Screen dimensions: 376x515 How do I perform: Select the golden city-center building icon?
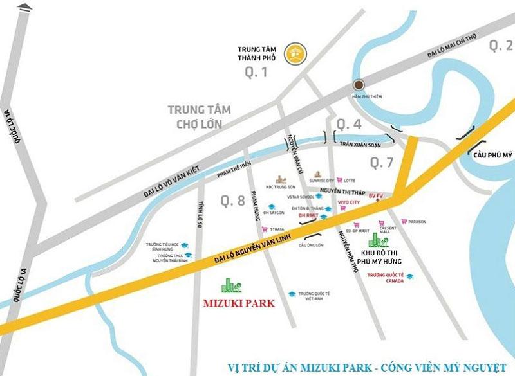pyautogui.click(x=297, y=53)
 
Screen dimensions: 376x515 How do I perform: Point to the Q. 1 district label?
pyautogui.click(x=256, y=73)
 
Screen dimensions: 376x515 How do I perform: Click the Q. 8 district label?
pyautogui.click(x=232, y=201)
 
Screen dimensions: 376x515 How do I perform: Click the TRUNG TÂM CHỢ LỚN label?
pyautogui.click(x=198, y=116)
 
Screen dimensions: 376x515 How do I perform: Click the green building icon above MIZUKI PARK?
pyautogui.click(x=230, y=286)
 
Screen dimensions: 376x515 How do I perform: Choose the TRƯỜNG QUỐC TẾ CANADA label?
pyautogui.click(x=384, y=277)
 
